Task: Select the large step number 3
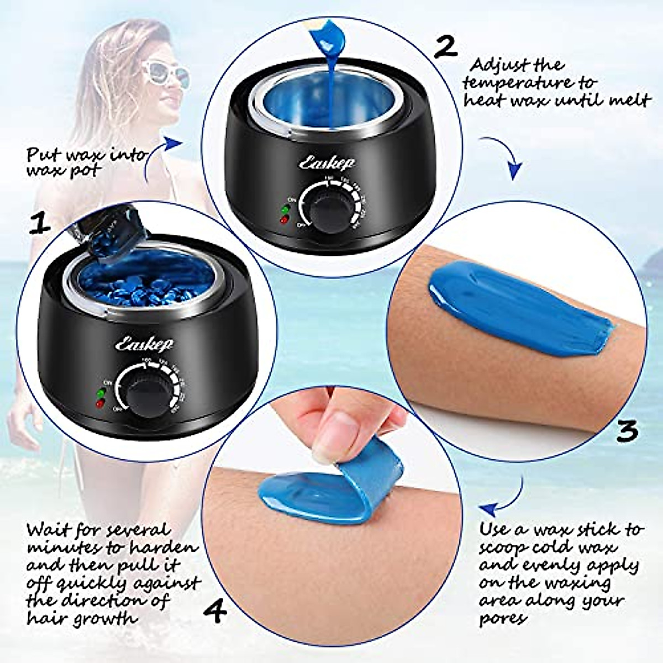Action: click(627, 430)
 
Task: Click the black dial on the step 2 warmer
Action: click(321, 213)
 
